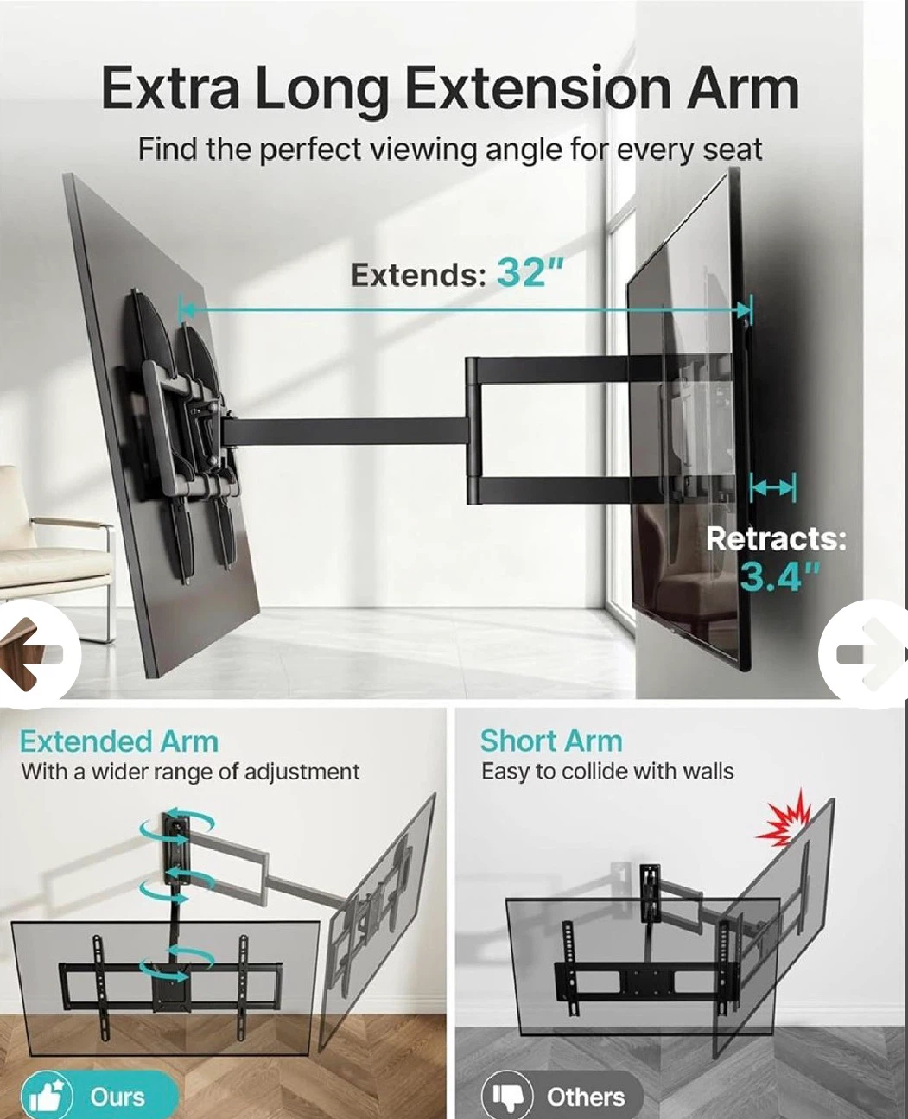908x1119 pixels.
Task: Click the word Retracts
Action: (776, 538)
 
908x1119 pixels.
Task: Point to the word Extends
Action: (418, 274)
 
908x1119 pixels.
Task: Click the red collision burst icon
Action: (783, 818)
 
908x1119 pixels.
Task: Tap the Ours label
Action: (117, 1097)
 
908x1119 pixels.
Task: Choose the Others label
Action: (586, 1097)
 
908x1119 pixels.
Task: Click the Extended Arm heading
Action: (118, 741)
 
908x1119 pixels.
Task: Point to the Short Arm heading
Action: (551, 741)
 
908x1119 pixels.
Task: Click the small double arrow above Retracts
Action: (773, 488)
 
